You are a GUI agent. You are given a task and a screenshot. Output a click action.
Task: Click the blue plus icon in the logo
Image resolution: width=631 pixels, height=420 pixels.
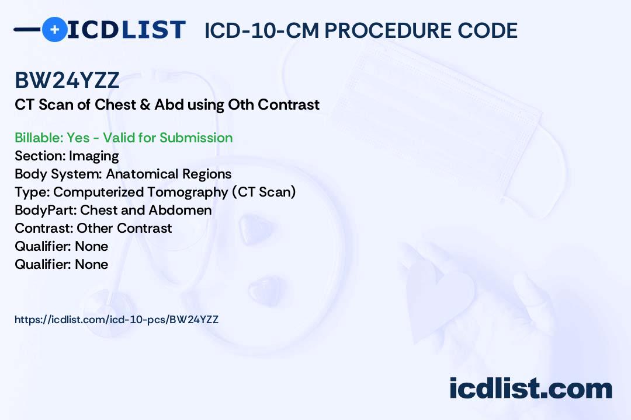54,29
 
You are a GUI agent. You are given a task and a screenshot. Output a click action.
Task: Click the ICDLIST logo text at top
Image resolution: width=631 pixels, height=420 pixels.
126,30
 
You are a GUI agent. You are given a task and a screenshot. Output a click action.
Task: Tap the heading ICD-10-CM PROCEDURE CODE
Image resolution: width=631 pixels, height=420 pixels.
361,30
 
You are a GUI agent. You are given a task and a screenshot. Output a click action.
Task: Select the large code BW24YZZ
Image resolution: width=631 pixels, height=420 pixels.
67,80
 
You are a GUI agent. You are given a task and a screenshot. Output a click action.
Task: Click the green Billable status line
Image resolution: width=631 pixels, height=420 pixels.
123,138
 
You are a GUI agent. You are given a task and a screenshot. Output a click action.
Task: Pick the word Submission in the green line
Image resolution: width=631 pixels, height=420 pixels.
196,138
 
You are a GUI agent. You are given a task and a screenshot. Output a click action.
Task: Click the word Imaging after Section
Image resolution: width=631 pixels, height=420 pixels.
93,156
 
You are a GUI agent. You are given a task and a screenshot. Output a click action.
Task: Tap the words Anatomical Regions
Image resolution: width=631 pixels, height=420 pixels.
169,174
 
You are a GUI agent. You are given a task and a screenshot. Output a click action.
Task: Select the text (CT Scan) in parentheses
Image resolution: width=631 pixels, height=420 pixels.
264,192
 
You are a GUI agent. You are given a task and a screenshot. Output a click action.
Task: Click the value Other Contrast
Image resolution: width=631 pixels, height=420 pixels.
124,228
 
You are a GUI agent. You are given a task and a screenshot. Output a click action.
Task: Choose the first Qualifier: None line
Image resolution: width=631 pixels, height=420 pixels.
61,246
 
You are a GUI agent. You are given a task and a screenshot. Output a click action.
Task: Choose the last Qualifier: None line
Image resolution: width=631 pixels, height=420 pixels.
61,264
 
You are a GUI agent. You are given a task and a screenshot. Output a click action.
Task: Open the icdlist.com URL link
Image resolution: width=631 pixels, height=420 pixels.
117,320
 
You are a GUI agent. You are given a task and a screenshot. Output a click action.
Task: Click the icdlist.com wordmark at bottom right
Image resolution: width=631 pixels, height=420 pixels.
531,388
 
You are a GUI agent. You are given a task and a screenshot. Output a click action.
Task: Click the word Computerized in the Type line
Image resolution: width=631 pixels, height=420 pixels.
98,192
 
